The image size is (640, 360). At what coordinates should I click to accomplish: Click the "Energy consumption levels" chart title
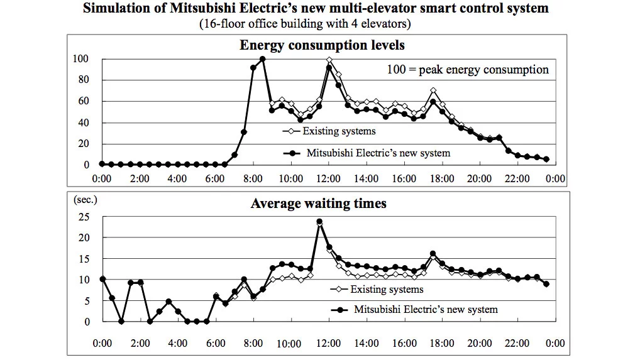[321, 45]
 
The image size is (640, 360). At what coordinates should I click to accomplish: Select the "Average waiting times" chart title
[318, 204]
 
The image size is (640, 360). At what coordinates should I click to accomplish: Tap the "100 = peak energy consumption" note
[467, 70]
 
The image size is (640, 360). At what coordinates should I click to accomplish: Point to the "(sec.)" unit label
[87, 200]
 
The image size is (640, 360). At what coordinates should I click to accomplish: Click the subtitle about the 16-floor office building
[305, 24]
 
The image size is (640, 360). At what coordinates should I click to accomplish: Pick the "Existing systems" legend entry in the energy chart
[339, 131]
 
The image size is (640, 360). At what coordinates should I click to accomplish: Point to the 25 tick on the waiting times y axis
[83, 217]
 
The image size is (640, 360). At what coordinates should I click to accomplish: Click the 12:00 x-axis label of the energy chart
[328, 178]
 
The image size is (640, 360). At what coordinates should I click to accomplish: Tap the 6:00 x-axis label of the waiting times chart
[216, 344]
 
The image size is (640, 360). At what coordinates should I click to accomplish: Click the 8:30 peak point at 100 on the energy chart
[262, 59]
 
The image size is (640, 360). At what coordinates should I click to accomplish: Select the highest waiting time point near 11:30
[319, 221]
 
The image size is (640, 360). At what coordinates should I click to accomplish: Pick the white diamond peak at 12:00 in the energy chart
[329, 60]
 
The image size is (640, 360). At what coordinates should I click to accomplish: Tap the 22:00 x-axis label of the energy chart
[517, 178]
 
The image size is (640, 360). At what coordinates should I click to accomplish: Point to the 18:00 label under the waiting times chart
[442, 344]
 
